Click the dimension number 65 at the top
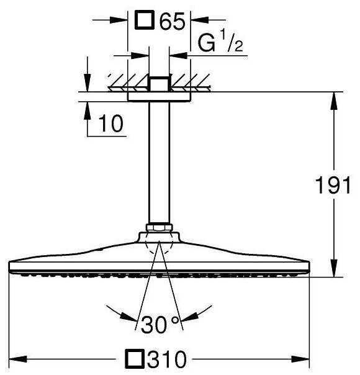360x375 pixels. pos(173,21)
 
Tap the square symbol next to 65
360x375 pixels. pos(143,20)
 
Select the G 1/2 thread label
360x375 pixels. pos(220,43)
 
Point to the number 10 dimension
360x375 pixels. pos(111,124)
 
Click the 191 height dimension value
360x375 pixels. pos(333,185)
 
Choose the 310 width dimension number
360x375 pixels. pos(166,359)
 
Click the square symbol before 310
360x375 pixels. pos(135,358)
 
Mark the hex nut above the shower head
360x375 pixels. pos(160,227)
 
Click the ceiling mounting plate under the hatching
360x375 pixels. pos(159,97)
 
